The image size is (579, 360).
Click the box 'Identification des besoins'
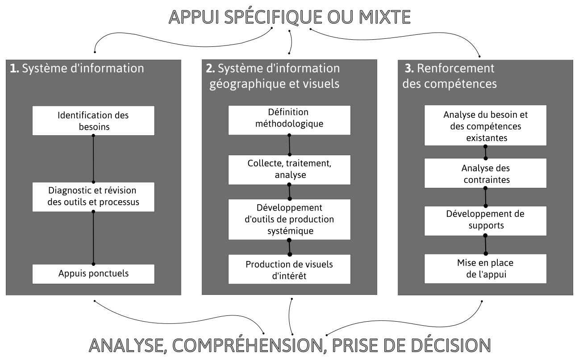click(93, 120)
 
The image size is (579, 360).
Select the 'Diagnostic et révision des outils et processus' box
click(93, 197)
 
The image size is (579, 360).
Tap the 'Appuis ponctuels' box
click(93, 274)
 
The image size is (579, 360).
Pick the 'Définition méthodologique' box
click(289, 120)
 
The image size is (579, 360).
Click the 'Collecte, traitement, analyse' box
click(289, 170)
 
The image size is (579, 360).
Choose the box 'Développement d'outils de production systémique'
click(289, 219)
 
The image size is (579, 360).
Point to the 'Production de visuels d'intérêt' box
click(289, 269)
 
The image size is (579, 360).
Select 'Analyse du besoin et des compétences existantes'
click(485, 125)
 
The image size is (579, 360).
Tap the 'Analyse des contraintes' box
click(485, 173)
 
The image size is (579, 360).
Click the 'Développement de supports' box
click(485, 221)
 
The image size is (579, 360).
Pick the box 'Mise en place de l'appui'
click(485, 269)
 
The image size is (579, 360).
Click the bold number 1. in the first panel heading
click(14, 68)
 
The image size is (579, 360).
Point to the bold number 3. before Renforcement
click(409, 68)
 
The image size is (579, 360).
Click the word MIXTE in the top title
click(385, 17)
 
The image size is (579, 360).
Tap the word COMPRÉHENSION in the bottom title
click(248, 345)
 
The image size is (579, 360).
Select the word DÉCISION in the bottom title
click(451, 345)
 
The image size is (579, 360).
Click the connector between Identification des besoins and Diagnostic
click(93, 159)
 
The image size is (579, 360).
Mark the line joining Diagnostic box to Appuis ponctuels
click(93, 238)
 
